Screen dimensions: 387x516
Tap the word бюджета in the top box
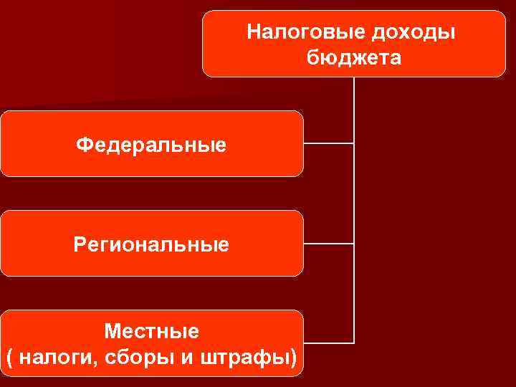point(354,57)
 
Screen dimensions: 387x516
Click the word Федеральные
point(151,145)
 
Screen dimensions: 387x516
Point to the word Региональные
point(151,245)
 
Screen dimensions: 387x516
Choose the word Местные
point(151,331)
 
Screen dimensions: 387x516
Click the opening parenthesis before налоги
point(9,357)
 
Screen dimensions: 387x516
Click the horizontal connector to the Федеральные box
point(328,143)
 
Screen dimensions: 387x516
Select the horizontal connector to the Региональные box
point(328,244)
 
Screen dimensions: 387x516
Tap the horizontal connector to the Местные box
point(328,342)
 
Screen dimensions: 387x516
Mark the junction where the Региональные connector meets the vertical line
point(354,244)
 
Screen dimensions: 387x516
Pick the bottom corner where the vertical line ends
point(354,342)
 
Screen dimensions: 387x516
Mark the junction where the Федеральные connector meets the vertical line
point(354,143)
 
